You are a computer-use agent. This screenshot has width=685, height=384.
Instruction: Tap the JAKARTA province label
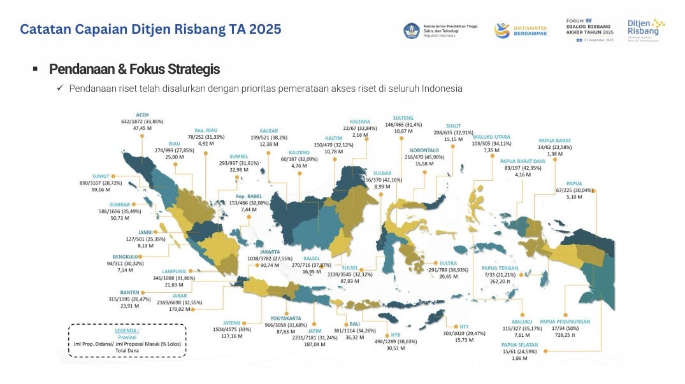(x=269, y=252)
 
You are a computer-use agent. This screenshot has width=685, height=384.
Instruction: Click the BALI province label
(x=346, y=324)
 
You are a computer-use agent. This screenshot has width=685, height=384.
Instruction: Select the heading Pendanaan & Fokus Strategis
(x=134, y=69)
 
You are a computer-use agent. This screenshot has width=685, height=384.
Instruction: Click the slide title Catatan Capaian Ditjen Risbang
(x=150, y=29)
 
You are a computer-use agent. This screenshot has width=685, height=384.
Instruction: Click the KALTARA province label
(x=359, y=122)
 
